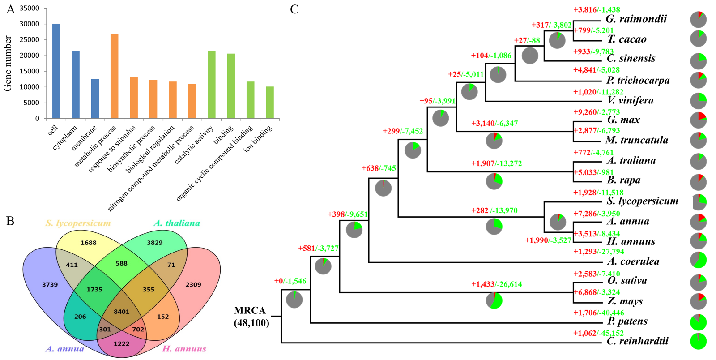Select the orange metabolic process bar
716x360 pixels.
coord(114,76)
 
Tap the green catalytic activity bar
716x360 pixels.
coord(211,85)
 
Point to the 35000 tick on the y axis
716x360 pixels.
coord(30,8)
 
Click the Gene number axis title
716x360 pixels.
coord(8,64)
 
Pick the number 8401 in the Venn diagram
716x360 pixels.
coord(121,312)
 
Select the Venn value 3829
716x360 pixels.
coord(154,243)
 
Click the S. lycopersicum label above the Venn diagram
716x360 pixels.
coord(78,223)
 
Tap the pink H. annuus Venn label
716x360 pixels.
coord(184,349)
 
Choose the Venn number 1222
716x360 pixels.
coord(121,343)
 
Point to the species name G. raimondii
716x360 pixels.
coord(636,19)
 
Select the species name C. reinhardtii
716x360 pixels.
coord(637,341)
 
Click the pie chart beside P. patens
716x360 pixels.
coord(698,322)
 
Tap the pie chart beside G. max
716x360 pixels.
coord(698,120)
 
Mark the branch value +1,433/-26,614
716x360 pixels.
coord(496,284)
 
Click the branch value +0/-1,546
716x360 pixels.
coord(290,281)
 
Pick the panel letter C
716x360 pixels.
coord(294,9)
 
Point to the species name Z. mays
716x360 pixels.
coord(625,301)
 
